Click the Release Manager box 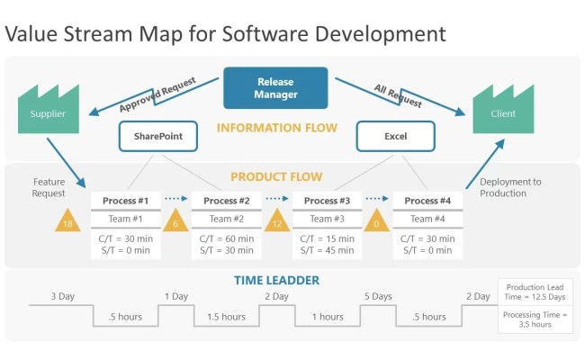click(x=275, y=88)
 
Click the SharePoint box click(x=158, y=136)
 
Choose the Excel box click(x=396, y=136)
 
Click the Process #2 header click(x=227, y=200)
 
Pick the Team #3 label click(x=327, y=219)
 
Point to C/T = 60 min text click(x=227, y=238)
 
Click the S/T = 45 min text click(x=327, y=250)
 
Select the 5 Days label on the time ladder click(x=378, y=296)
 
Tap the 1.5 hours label click(x=227, y=317)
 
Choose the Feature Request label click(x=49, y=187)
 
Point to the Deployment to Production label click(x=510, y=187)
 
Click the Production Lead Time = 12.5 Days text click(x=535, y=292)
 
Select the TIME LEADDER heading click(x=276, y=280)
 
